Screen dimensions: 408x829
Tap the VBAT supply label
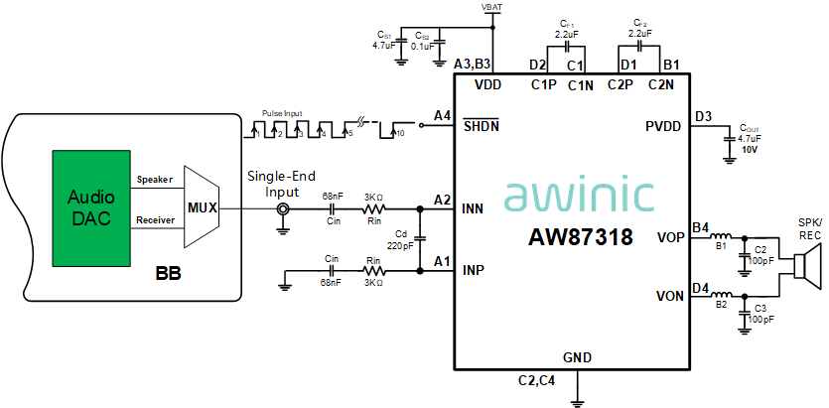(491, 7)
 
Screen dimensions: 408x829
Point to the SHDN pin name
(482, 126)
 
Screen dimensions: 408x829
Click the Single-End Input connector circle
(282, 210)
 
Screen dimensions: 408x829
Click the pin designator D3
(703, 117)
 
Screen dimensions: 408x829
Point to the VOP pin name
(670, 237)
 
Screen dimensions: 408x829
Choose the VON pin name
(670, 296)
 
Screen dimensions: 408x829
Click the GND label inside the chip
(577, 357)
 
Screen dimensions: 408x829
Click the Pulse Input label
(282, 114)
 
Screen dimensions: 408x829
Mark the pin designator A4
(442, 116)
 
